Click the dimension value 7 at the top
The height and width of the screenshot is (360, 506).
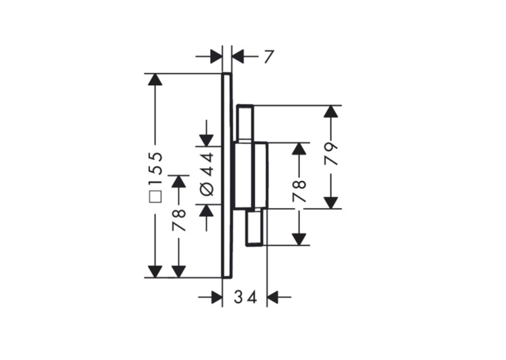269,57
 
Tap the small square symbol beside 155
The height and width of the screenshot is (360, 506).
155,196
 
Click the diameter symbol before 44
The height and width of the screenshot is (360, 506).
207,189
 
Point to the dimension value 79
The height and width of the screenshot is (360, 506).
331,154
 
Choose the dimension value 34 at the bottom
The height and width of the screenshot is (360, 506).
246,297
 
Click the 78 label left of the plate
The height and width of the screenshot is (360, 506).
179,220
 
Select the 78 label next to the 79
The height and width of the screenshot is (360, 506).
299,192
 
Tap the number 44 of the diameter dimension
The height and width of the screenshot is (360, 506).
207,164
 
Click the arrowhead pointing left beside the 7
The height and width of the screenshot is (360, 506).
238,57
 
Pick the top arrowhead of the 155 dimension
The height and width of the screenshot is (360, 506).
155,80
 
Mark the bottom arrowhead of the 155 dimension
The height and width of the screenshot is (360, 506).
155,271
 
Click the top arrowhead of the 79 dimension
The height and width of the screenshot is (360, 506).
331,111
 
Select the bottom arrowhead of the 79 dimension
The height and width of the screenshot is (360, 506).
331,203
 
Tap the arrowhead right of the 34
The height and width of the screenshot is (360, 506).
273,297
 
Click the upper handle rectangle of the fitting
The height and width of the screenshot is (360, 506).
246,124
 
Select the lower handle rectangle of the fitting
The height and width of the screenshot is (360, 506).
255,227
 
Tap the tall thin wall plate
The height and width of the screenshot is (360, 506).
227,176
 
